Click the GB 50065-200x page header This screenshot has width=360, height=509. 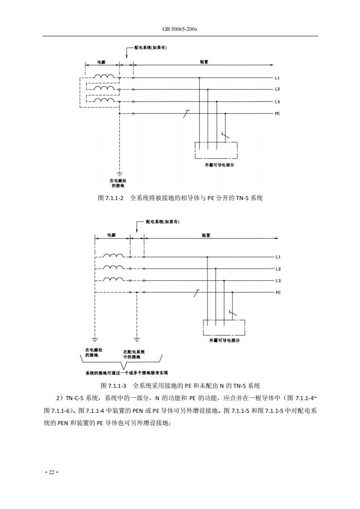point(180,29)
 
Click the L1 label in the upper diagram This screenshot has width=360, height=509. point(277,78)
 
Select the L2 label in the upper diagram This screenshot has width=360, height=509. point(277,89)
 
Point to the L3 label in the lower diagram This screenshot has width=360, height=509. point(278,281)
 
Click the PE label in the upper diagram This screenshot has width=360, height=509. point(277,113)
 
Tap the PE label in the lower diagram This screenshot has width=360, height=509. point(278,293)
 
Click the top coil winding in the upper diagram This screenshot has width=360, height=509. point(104,76)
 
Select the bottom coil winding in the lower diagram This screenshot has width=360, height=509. point(113,279)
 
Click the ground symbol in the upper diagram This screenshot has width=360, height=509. point(119,174)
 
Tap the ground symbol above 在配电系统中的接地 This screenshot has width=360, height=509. point(137,339)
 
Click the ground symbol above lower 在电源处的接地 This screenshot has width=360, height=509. point(94,339)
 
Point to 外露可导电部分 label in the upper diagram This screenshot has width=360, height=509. point(219,165)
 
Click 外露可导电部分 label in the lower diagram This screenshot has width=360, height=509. point(225,341)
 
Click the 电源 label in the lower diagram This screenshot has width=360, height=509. point(111,235)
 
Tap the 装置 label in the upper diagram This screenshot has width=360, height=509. point(204,62)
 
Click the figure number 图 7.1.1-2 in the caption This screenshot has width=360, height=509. point(111,198)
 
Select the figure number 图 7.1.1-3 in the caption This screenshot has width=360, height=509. point(113,386)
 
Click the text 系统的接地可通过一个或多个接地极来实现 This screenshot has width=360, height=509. point(127,373)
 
